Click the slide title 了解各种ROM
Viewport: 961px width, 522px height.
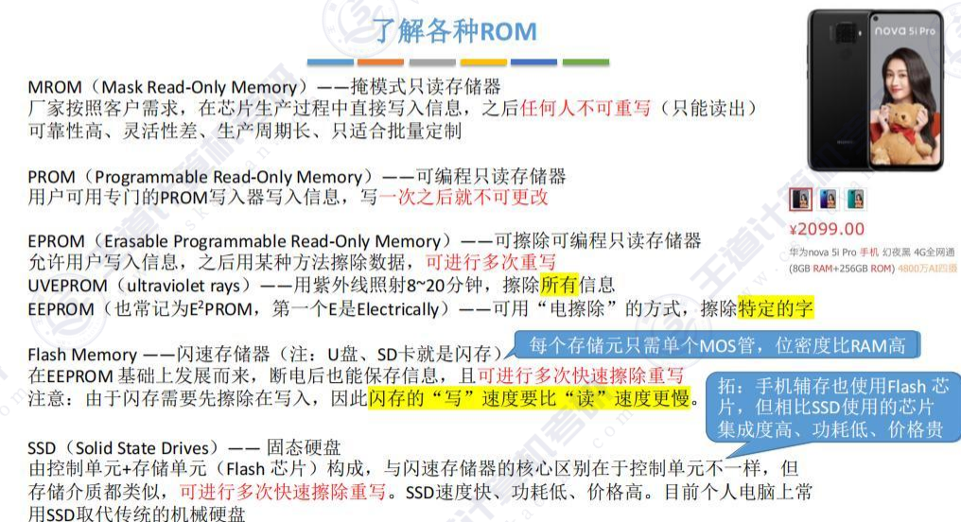pyautogui.click(x=455, y=31)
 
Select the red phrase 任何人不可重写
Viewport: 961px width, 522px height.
pyautogui.click(x=585, y=109)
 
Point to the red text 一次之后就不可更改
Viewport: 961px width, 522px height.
pyautogui.click(x=463, y=198)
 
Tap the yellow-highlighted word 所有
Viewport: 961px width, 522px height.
pyautogui.click(x=558, y=286)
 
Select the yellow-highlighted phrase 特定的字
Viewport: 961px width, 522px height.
pyautogui.click(x=775, y=308)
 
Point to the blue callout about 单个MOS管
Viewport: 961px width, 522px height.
pyautogui.click(x=716, y=345)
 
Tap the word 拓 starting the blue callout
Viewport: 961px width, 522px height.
pyautogui.click(x=727, y=387)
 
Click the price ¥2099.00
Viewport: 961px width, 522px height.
pyautogui.click(x=827, y=228)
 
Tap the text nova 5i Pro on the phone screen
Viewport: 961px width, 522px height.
pyautogui.click(x=903, y=31)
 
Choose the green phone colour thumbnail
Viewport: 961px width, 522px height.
pyautogui.click(x=855, y=200)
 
